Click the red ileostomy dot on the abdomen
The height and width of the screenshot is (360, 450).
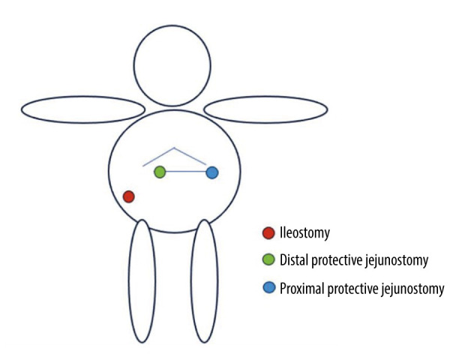128,196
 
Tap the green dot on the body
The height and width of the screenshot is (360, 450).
160,172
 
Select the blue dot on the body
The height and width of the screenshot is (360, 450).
211,172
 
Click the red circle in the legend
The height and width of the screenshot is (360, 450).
268,233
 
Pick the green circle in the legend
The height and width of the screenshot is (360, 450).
268,260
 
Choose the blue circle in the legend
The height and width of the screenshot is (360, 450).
268,287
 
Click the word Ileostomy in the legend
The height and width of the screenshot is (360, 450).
304,233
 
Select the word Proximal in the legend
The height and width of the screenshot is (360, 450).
301,287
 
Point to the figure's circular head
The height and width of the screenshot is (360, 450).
172,65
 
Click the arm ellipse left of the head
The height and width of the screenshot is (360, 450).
82,109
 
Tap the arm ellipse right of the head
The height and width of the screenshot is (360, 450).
265,109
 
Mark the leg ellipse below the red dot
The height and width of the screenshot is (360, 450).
142,280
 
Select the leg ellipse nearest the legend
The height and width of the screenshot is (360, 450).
204,280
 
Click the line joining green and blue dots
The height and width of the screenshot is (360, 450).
185,172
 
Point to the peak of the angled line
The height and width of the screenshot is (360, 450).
175,148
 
